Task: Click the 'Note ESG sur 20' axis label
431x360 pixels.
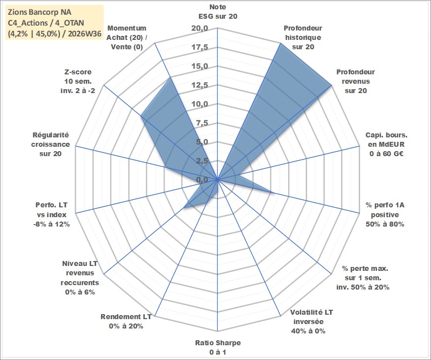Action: point(218,11)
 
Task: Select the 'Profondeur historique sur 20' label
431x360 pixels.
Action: point(303,37)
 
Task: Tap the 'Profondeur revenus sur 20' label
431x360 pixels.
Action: point(356,81)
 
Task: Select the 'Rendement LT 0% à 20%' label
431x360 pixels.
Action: point(126,322)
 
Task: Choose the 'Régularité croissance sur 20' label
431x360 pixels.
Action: point(50,144)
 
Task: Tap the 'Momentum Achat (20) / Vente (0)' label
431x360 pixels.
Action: point(127,37)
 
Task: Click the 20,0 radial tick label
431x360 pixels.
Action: point(200,28)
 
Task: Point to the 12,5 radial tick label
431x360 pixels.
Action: point(200,85)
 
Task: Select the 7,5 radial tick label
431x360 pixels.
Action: point(202,123)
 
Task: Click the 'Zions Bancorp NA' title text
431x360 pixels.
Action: point(39,12)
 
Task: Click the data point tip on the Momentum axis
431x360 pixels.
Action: point(171,78)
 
